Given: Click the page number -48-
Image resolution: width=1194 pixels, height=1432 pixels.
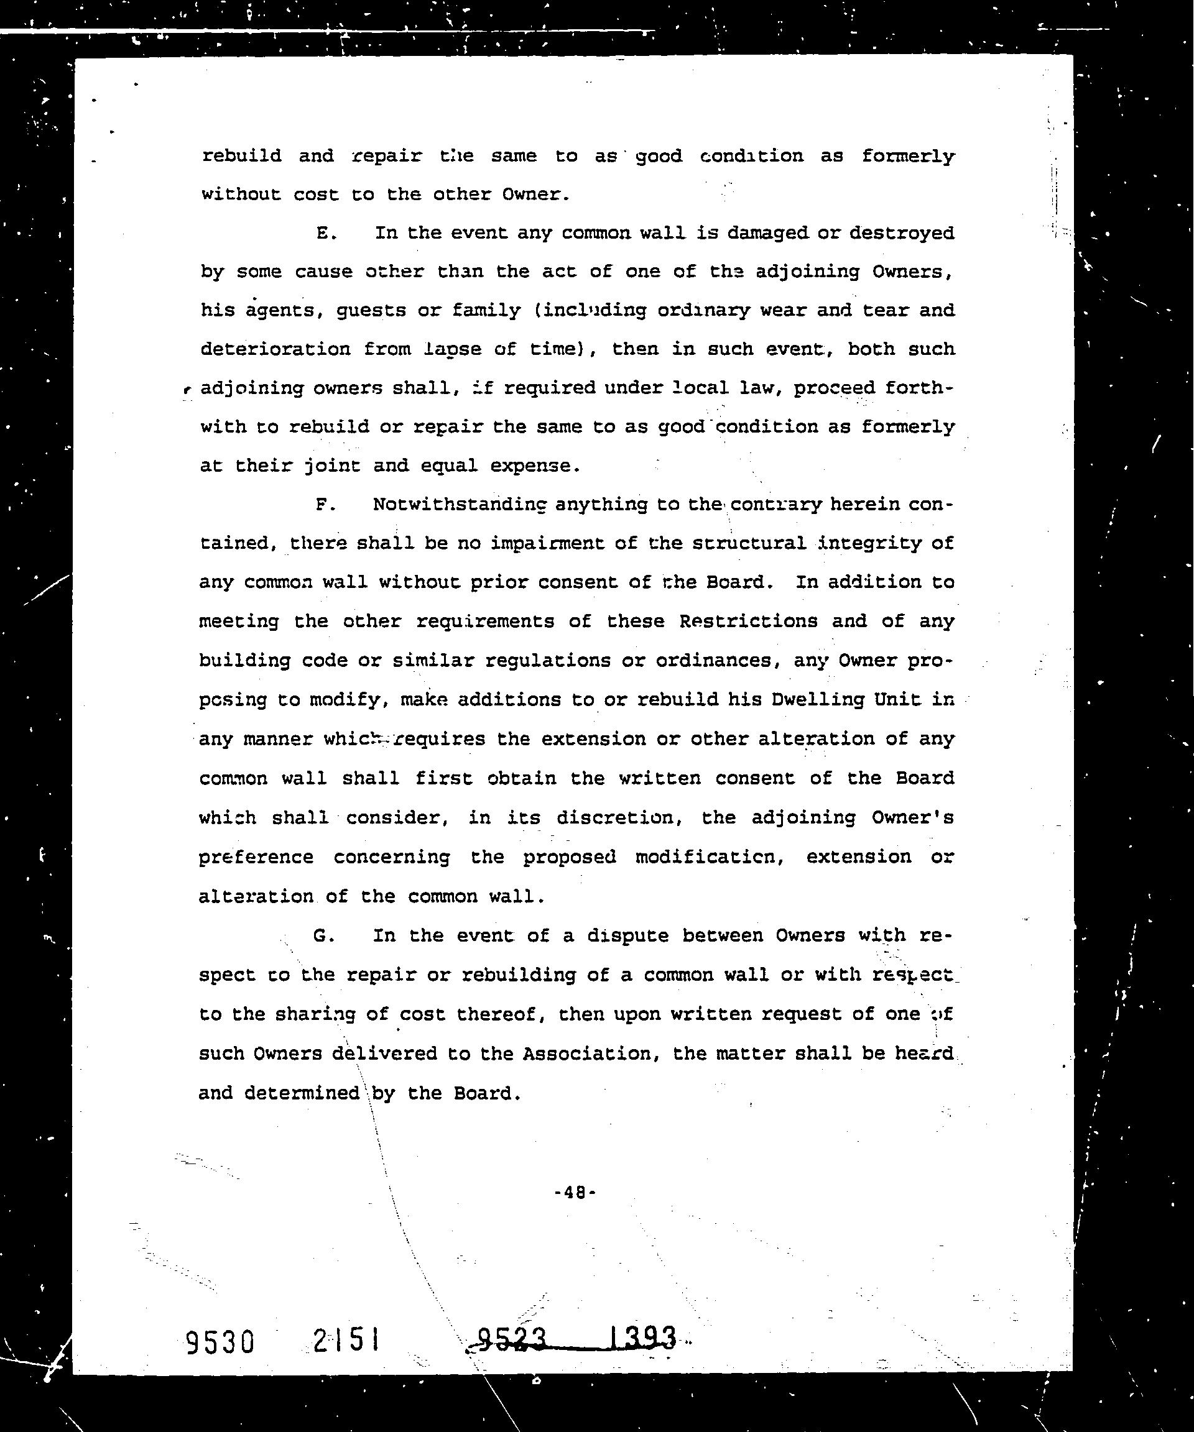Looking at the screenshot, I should click(575, 1193).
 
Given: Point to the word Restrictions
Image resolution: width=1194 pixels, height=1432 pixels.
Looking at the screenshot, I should click(747, 621).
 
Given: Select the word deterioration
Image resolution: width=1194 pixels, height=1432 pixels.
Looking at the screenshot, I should click(274, 349).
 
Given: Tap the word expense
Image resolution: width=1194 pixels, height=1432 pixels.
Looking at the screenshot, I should click(535, 466).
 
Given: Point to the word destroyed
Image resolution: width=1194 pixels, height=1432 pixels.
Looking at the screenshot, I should click(901, 233).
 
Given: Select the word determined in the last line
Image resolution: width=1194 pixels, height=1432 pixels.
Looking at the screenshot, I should click(302, 1093).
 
